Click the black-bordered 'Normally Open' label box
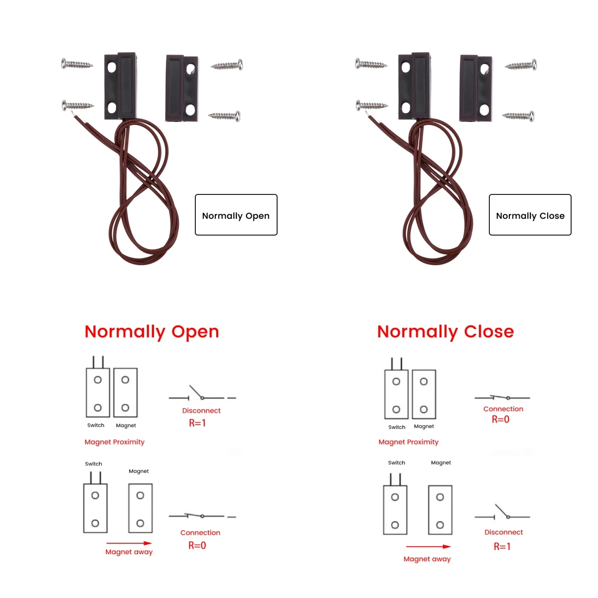pos(236,215)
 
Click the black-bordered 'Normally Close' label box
pos(530,215)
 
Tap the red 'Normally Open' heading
pos(152,332)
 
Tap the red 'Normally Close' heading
pos(446,332)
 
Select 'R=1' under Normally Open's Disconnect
pos(197,423)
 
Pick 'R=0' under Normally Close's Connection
pos(500,420)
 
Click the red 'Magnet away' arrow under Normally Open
pos(129,543)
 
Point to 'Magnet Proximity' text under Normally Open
pos(115,442)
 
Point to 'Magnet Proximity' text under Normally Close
pos(409,442)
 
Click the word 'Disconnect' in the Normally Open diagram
pos(201,411)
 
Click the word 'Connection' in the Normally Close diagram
pos(503,409)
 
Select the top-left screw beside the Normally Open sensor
pos(77,64)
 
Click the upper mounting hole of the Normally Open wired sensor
pos(112,67)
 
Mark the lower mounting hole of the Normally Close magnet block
pos(484,109)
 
